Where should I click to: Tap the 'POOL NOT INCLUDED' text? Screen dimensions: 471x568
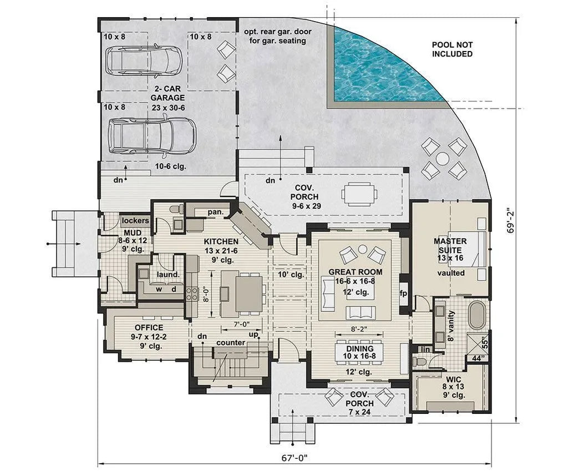point(453,49)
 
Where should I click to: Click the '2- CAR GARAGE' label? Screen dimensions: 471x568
point(167,93)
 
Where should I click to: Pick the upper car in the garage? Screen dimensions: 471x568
point(144,60)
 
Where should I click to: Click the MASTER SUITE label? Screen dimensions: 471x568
point(450,246)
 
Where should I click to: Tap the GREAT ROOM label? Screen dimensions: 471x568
point(356,272)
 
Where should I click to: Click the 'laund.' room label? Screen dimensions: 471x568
point(168,274)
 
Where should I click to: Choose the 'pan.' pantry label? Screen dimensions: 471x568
point(215,212)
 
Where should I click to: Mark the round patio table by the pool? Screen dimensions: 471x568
point(442,159)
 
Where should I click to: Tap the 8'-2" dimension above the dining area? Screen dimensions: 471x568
point(356,328)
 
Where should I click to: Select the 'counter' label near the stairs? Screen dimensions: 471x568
point(231,342)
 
